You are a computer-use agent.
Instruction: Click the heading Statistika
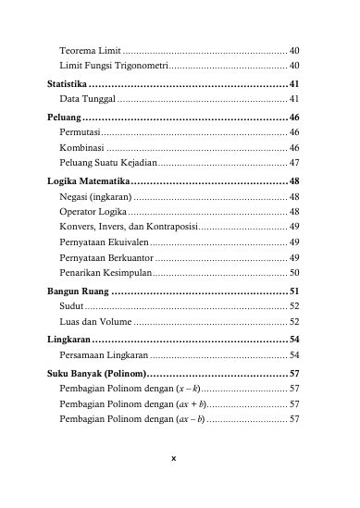click(x=73, y=83)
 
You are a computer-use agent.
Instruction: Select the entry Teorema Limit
click(x=90, y=48)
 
